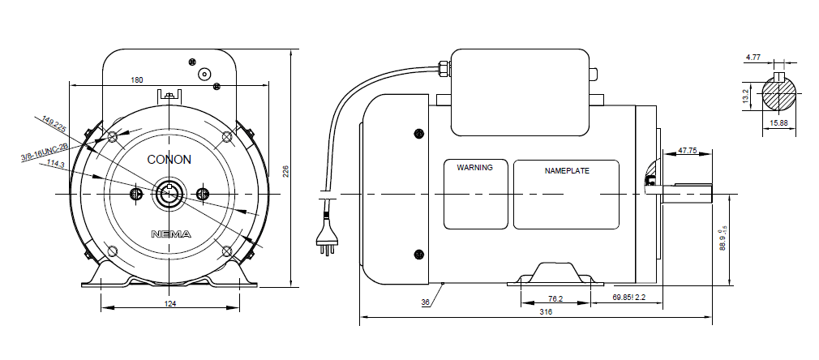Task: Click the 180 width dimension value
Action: [136, 79]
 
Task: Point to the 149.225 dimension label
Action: [54, 126]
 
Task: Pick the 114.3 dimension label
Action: [56, 164]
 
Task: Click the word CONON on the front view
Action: [169, 160]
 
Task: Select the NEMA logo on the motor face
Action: [171, 234]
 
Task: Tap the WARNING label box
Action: [475, 195]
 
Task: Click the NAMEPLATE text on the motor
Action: [567, 171]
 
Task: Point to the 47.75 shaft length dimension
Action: [688, 151]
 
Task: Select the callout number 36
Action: [425, 304]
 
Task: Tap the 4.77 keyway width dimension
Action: [753, 58]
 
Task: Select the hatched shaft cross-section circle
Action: [778, 95]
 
